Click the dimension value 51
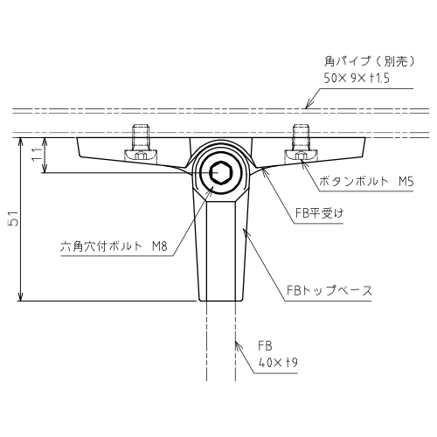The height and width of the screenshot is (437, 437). pyautogui.click(x=14, y=218)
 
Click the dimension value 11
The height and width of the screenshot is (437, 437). pyautogui.click(x=38, y=154)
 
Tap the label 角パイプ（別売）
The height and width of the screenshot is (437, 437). pyautogui.click(x=370, y=61)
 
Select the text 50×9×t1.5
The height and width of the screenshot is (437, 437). pyautogui.click(x=357, y=78)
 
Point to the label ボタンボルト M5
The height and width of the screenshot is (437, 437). pyautogui.click(x=366, y=182)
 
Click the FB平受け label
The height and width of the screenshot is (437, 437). pyautogui.click(x=319, y=213)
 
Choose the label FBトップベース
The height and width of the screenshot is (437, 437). pyautogui.click(x=329, y=290)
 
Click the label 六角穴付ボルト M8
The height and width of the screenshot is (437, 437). pyautogui.click(x=114, y=246)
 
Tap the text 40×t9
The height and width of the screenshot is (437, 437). pyautogui.click(x=278, y=363)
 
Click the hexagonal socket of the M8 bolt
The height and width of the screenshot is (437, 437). pyautogui.click(x=221, y=172)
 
